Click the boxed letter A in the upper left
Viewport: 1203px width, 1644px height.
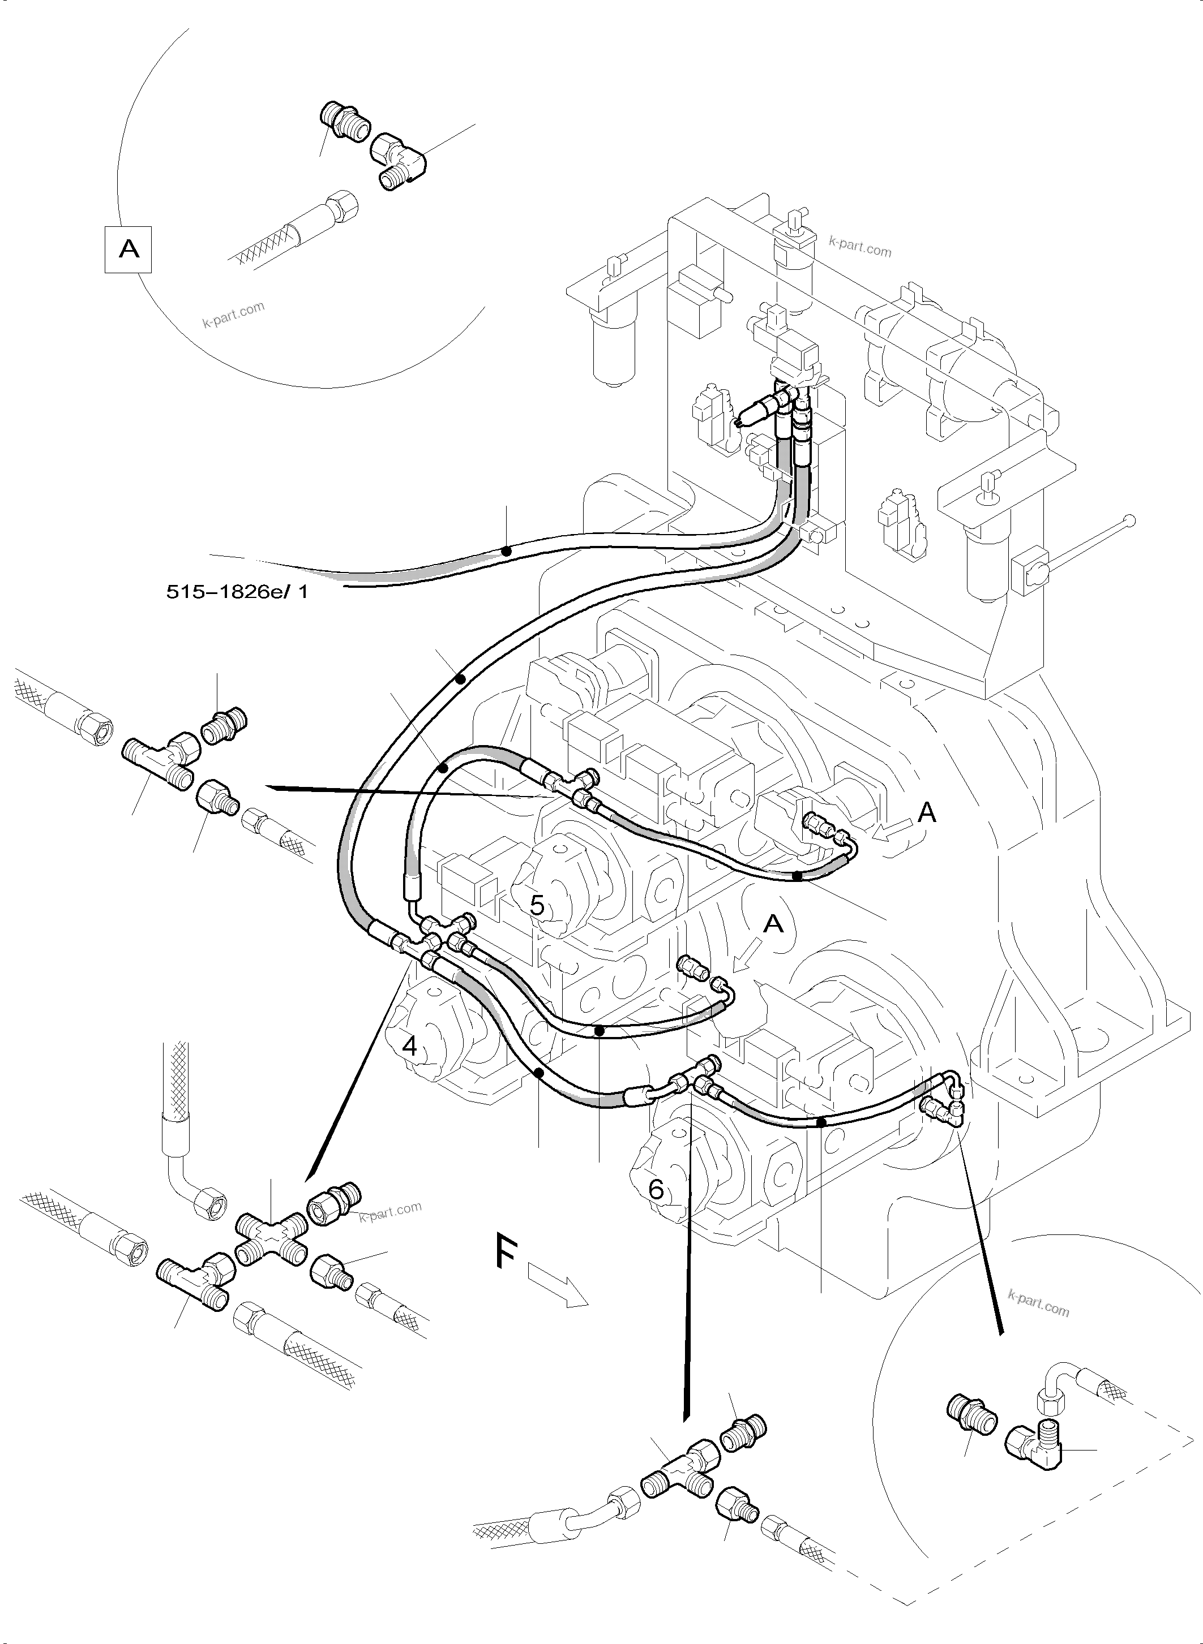[128, 249]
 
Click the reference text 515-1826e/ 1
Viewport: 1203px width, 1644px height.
[237, 592]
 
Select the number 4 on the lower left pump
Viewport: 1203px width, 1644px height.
[410, 1047]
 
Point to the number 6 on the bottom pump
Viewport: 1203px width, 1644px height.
[656, 1190]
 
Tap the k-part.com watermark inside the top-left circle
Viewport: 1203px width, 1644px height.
[233, 315]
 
